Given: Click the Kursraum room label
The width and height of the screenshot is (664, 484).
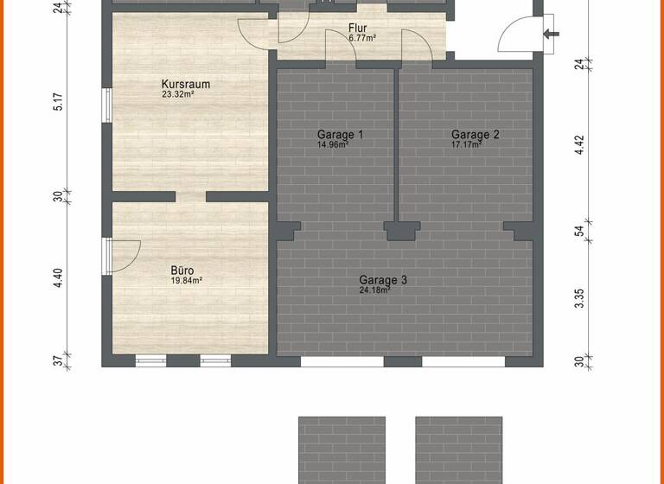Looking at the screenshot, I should pyautogui.click(x=186, y=85).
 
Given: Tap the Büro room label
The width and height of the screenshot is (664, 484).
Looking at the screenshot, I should pyautogui.click(x=186, y=270).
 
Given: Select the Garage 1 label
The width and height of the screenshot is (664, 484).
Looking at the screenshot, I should pyautogui.click(x=340, y=135).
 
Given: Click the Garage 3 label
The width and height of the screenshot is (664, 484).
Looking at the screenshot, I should pyautogui.click(x=383, y=280).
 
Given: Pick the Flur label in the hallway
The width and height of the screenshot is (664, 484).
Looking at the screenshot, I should pyautogui.click(x=358, y=28).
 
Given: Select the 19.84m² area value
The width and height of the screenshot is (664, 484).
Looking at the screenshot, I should pyautogui.click(x=186, y=281).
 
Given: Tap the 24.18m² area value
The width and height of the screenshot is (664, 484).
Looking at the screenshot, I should pyautogui.click(x=375, y=290).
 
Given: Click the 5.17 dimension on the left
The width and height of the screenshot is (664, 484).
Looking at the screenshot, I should pyautogui.click(x=58, y=102).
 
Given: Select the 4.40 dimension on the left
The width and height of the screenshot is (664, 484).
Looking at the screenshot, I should pyautogui.click(x=58, y=277).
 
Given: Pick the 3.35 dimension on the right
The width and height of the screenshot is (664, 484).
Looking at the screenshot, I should pyautogui.click(x=580, y=299).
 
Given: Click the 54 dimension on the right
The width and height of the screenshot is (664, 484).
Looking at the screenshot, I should pyautogui.click(x=580, y=231).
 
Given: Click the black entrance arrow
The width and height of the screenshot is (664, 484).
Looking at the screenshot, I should pyautogui.click(x=551, y=35).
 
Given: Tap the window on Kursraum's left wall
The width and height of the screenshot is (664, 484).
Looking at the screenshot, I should pyautogui.click(x=105, y=105).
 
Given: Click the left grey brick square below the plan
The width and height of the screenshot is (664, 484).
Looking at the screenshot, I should pyautogui.click(x=341, y=449).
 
